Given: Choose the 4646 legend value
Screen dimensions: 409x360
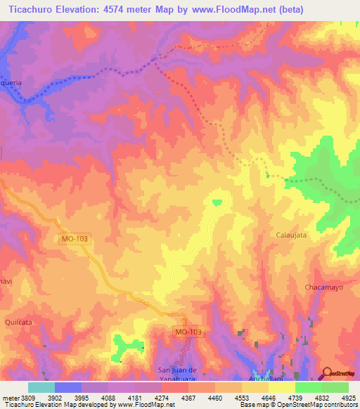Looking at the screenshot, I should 283,397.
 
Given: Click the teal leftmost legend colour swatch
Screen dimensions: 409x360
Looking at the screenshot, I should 41,387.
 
